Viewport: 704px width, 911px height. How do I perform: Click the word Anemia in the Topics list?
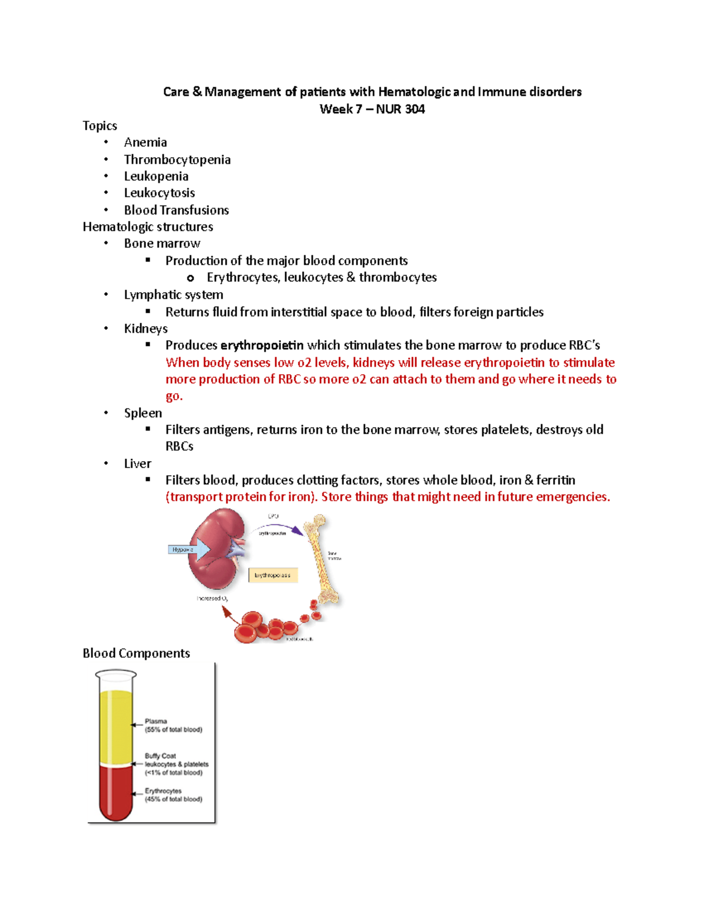click(145, 143)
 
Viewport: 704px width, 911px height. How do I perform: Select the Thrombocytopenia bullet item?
click(177, 160)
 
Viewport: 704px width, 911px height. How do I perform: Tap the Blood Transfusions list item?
click(176, 210)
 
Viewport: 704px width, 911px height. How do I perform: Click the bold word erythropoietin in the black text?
click(262, 346)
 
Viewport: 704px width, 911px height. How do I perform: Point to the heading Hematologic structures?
click(148, 227)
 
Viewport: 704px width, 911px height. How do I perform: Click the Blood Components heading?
click(136, 653)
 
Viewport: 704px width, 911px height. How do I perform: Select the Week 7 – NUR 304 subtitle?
click(372, 109)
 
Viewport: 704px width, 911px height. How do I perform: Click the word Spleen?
click(143, 413)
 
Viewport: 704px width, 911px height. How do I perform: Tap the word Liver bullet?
click(137, 464)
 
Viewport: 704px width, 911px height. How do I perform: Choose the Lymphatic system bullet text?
click(173, 295)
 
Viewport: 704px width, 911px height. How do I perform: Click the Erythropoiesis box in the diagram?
click(273, 575)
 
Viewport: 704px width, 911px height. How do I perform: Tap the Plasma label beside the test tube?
click(156, 722)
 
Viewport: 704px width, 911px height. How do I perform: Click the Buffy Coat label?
click(160, 756)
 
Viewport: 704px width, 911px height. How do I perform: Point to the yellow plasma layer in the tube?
click(116, 727)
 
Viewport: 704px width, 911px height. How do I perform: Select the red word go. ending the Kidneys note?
click(174, 396)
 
